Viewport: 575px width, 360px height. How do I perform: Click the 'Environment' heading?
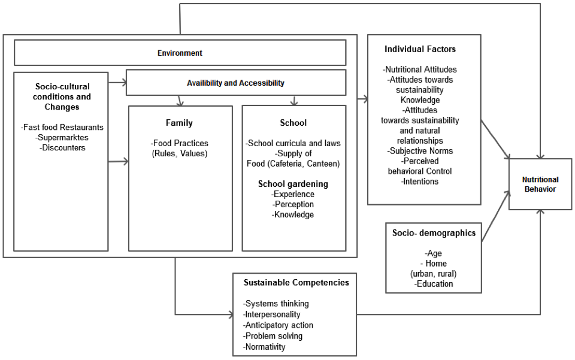tap(180, 53)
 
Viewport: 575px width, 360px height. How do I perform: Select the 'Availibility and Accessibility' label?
tap(235, 83)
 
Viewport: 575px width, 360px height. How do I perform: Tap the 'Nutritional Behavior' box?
tap(540, 184)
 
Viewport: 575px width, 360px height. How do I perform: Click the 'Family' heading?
tap(179, 123)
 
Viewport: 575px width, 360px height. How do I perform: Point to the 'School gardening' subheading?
tap(293, 184)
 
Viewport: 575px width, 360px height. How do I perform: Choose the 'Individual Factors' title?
tap(420, 49)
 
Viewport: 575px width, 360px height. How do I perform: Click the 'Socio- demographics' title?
tap(434, 233)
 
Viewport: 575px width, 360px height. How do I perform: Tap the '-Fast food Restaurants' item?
tap(62, 127)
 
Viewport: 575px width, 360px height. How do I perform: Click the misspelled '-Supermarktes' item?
tap(62, 137)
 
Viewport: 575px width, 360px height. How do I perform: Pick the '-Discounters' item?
tap(62, 147)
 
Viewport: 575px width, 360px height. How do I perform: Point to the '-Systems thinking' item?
tap(276, 304)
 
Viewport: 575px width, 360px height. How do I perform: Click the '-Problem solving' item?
tap(273, 336)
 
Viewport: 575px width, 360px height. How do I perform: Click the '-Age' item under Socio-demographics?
tap(433, 253)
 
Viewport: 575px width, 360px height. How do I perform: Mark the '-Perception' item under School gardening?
tap(293, 204)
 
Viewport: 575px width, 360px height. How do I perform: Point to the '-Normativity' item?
tap(264, 347)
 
